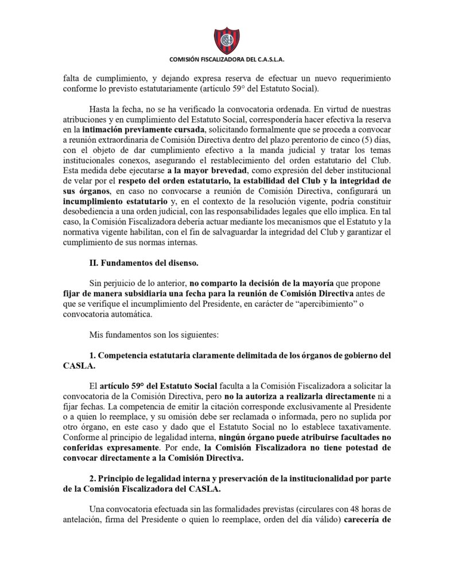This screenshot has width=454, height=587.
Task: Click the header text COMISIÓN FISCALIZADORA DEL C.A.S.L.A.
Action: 227,59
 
